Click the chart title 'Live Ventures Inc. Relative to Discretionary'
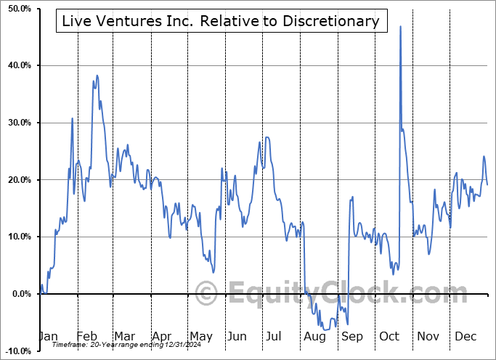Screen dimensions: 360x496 (221, 21)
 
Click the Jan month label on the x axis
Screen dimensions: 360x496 (47, 337)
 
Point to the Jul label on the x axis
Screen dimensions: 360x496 (274, 337)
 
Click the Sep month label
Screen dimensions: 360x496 (352, 337)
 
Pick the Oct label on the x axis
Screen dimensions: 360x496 (390, 337)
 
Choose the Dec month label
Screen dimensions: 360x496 (466, 337)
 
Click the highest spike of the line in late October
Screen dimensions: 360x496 (400, 26)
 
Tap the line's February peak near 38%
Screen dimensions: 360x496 (97, 75)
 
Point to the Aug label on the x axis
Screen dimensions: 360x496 (314, 337)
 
